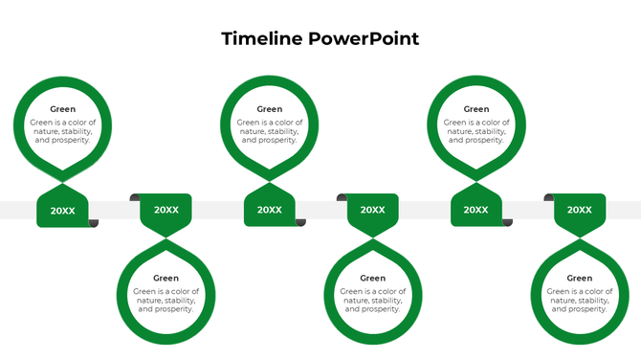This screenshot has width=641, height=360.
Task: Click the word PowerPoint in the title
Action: click(x=364, y=39)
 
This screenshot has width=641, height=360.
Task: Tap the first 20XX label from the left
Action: click(x=63, y=211)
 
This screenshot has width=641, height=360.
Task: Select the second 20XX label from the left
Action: click(x=166, y=210)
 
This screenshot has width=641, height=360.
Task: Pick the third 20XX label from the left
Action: click(x=270, y=211)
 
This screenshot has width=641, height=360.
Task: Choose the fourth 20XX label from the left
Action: click(x=373, y=210)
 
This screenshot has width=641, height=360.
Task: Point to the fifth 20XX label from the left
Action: click(x=476, y=211)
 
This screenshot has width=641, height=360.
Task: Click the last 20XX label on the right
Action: click(x=580, y=210)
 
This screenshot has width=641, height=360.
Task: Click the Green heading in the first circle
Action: click(x=63, y=109)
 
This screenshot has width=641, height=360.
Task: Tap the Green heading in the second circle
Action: click(x=166, y=279)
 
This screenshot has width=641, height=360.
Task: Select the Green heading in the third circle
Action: click(x=270, y=109)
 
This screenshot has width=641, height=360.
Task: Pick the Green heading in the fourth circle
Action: click(x=373, y=279)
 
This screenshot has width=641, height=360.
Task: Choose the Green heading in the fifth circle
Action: click(x=476, y=109)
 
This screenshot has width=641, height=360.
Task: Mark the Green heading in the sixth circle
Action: click(x=580, y=279)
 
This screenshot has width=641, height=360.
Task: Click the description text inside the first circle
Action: click(x=63, y=131)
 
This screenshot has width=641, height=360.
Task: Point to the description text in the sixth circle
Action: click(x=580, y=301)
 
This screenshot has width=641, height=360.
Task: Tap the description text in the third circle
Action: click(x=270, y=131)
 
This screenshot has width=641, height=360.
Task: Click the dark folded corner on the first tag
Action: click(x=94, y=223)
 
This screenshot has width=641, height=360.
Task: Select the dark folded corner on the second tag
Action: click(x=135, y=197)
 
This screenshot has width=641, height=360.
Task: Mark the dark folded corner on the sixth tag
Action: click(x=549, y=197)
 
